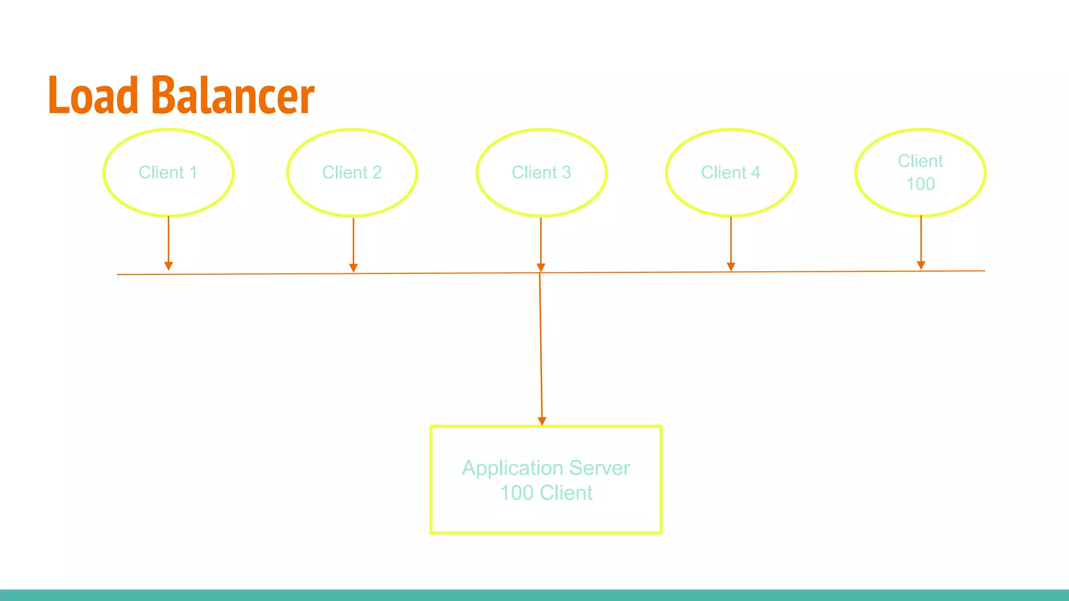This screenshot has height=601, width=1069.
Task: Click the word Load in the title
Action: tap(93, 95)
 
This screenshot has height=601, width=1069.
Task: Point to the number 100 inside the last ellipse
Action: tap(920, 184)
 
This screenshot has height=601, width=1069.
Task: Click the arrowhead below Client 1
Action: tap(169, 266)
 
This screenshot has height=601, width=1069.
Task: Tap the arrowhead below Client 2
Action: tap(353, 268)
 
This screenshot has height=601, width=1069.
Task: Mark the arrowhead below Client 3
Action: tap(541, 268)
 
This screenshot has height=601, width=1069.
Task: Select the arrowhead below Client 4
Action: tap(731, 267)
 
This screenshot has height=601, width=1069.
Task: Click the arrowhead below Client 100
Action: tap(921, 265)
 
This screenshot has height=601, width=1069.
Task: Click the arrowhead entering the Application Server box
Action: tap(542, 421)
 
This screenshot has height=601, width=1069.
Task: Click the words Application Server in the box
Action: tap(546, 468)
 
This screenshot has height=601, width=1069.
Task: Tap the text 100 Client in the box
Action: tap(546, 493)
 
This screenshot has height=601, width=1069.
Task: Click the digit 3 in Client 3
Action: tap(566, 173)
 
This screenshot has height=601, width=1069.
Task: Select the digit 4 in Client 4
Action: tap(755, 173)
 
